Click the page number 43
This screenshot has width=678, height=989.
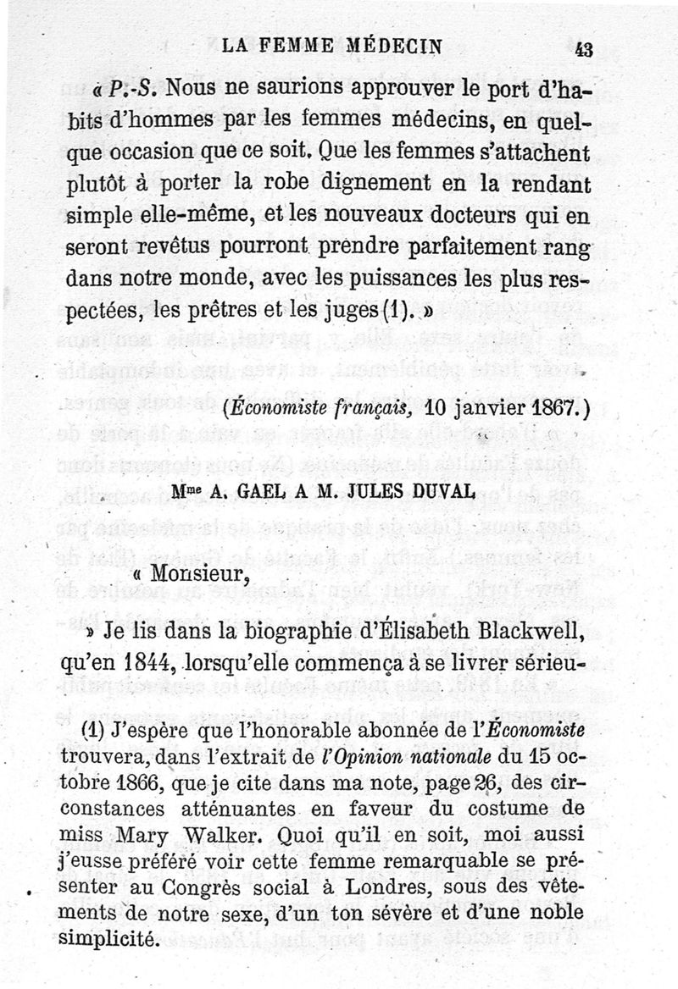pos(584,49)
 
